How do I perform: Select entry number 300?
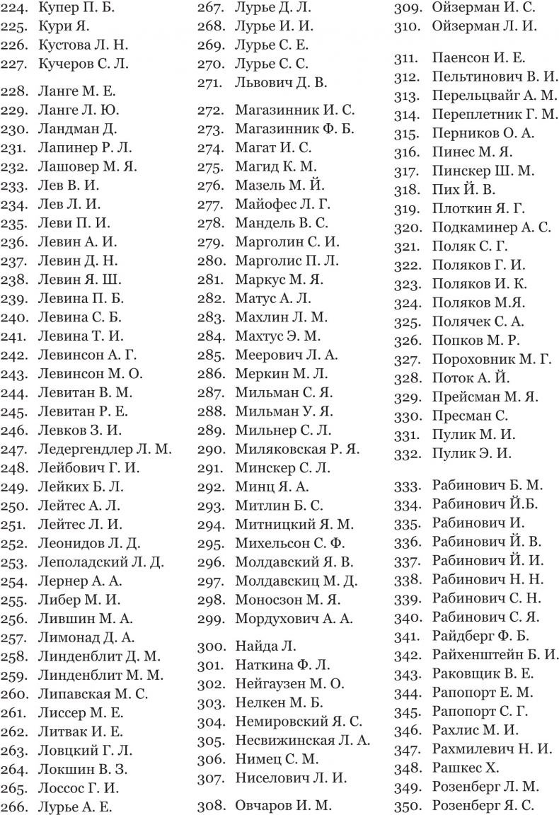pos(209,646)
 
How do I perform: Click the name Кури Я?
pos(59,28)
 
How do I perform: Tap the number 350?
pos(406,805)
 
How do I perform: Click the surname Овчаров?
pos(263,805)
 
